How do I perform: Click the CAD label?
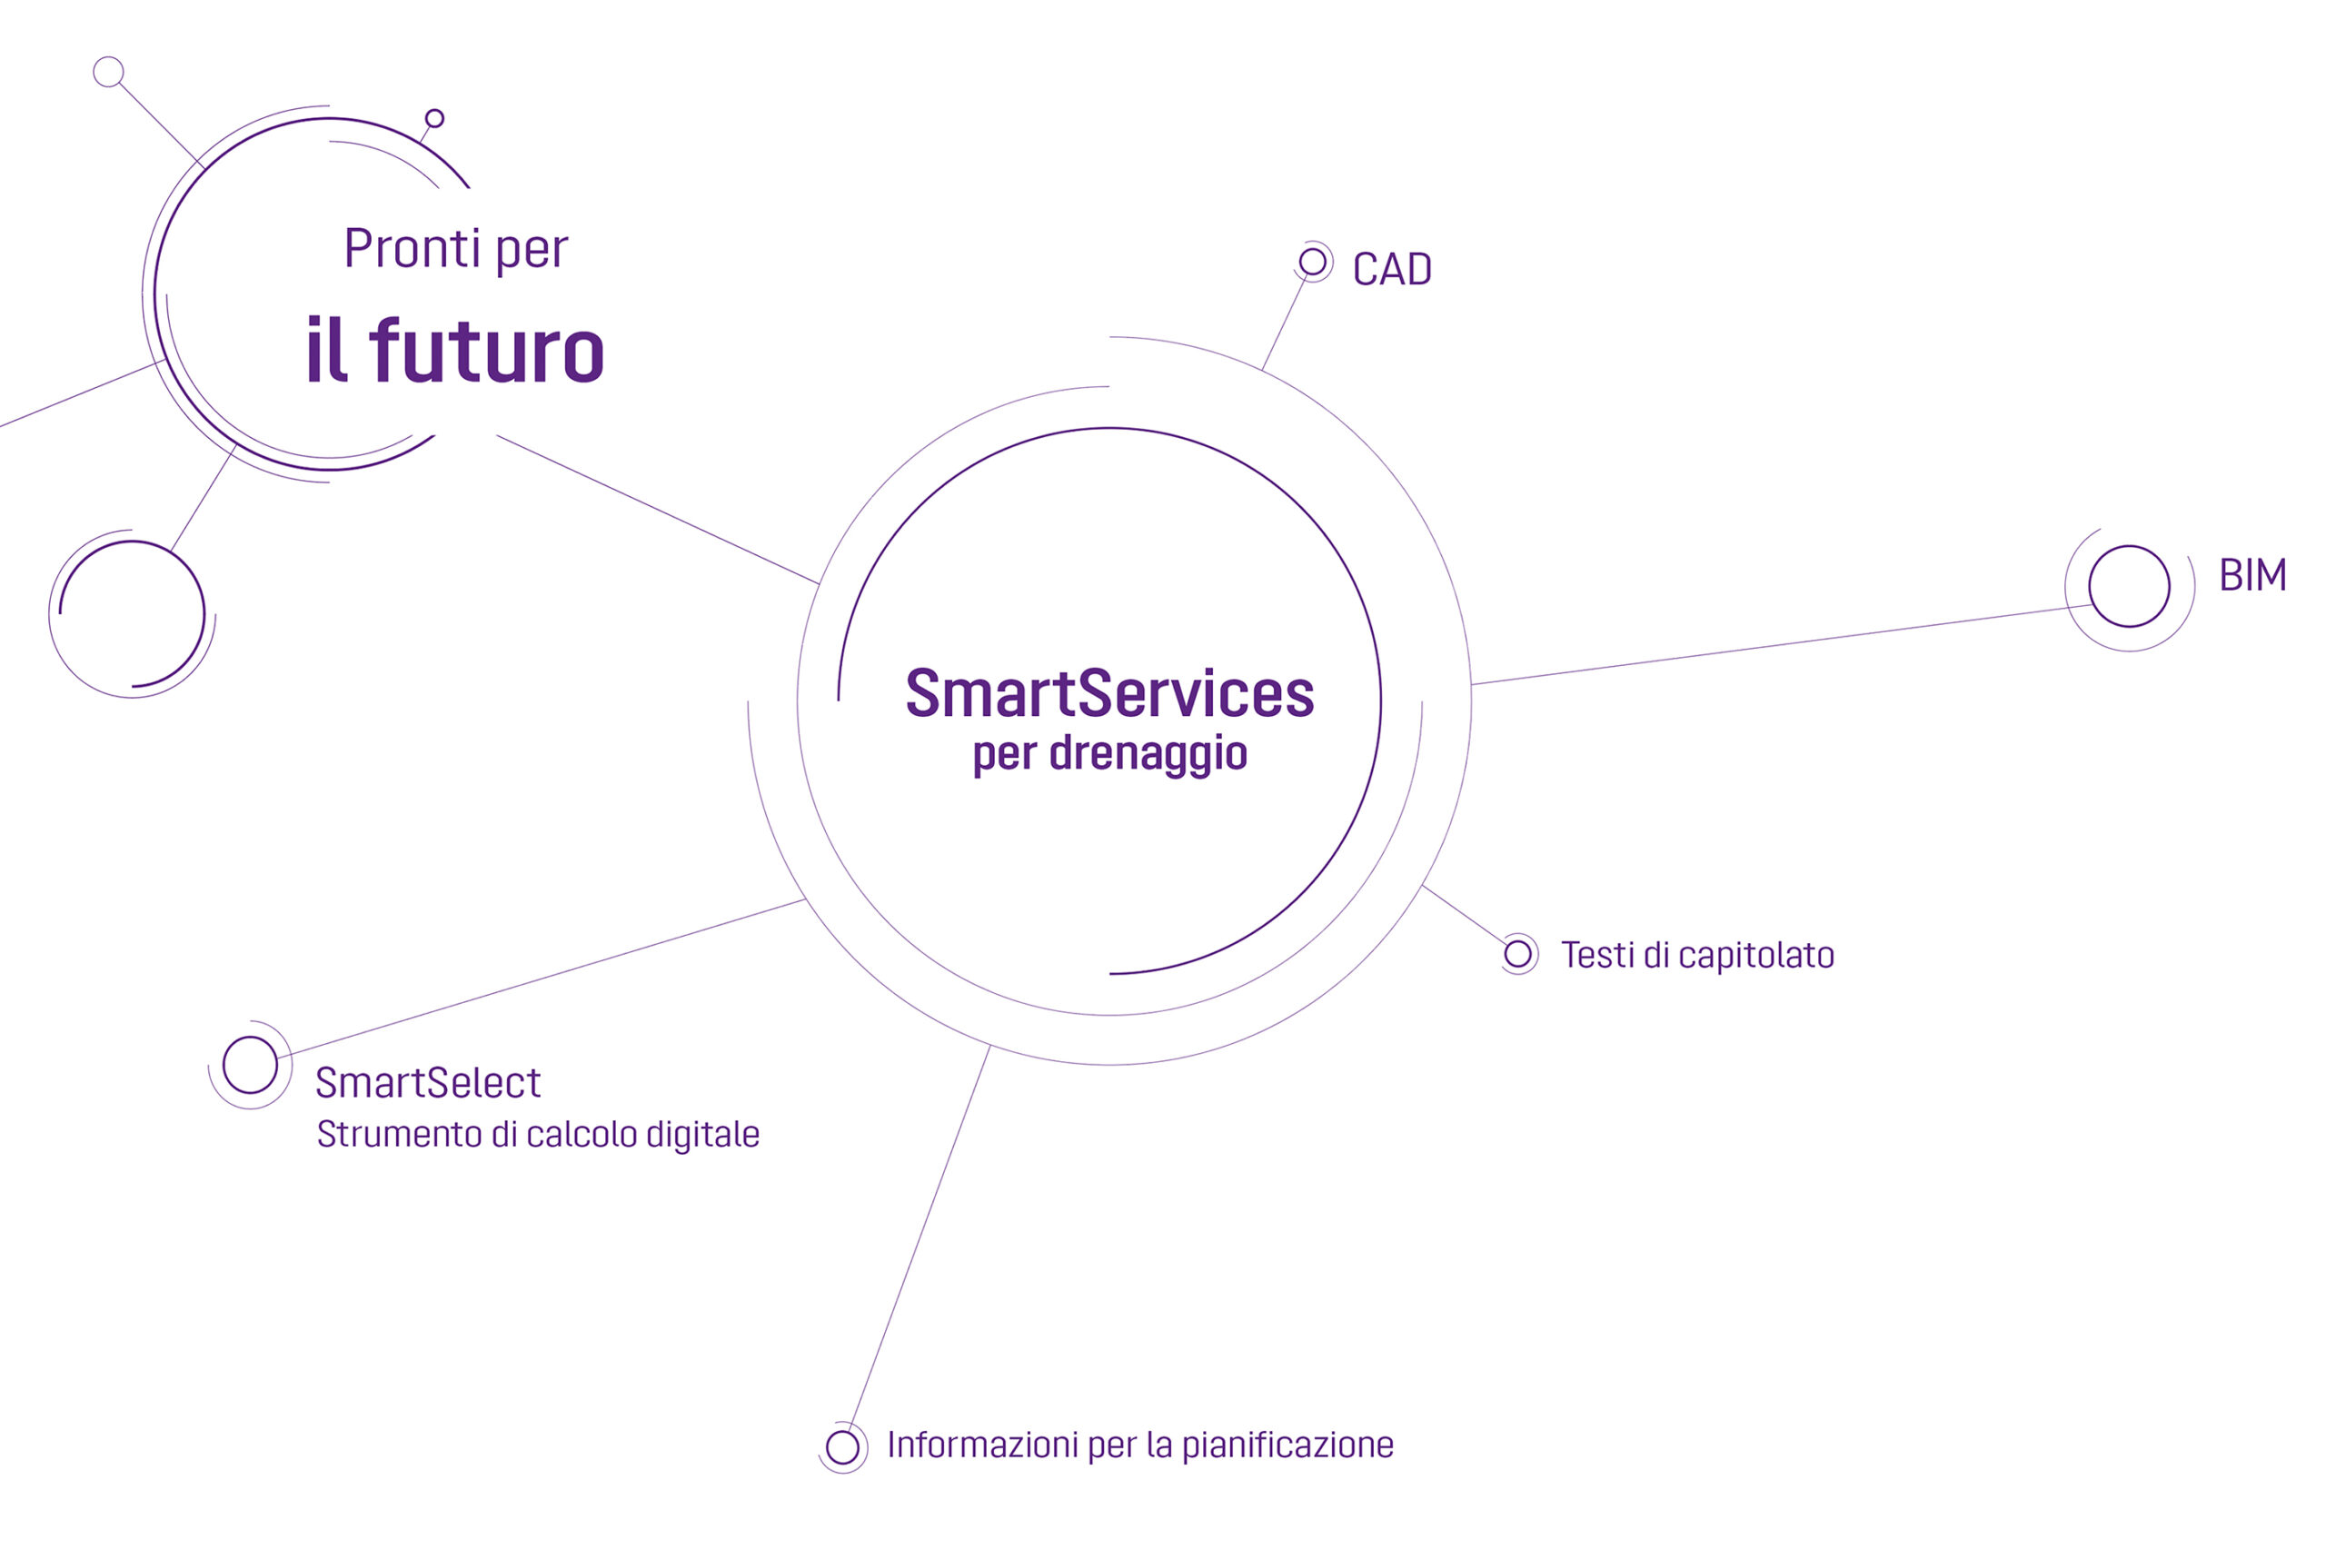[1391, 269]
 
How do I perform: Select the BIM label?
[2251, 574]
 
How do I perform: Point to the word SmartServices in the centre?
[1109, 693]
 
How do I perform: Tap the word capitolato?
[1755, 956]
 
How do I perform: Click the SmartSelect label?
[427, 1083]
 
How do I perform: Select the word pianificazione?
[1287, 1446]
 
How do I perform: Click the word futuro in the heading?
[485, 350]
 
